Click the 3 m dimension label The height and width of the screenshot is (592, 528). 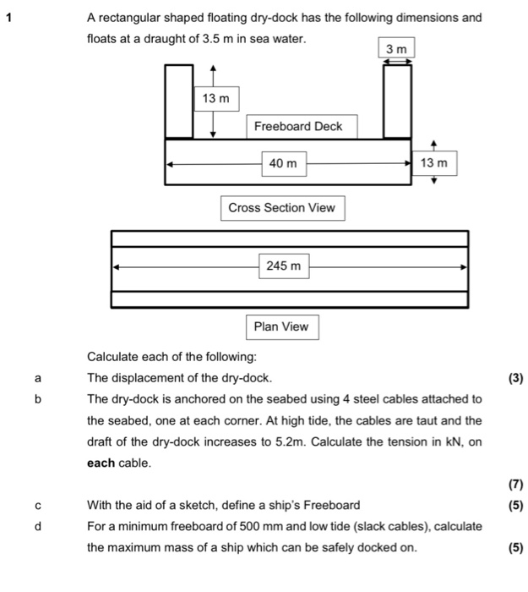[397, 50]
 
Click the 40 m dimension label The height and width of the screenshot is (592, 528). [283, 162]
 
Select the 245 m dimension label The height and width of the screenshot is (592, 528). [283, 266]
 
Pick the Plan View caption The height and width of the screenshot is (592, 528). [282, 326]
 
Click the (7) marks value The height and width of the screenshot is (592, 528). [515, 485]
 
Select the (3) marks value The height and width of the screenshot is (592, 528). [515, 378]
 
